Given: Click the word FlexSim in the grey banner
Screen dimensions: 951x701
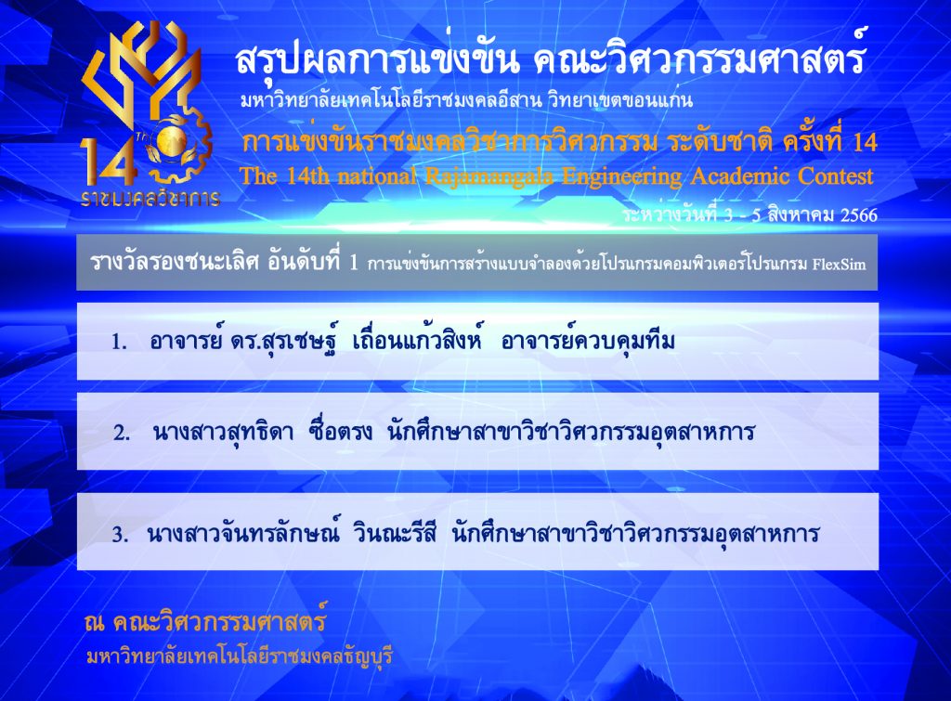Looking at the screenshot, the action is coord(840,264).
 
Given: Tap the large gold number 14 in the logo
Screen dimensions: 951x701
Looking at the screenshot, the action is coord(108,162).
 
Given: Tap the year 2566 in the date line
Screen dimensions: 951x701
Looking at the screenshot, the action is coord(859,215).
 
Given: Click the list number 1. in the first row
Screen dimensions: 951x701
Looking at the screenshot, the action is coord(119,343).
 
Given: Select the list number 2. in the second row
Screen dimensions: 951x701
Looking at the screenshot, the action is coord(122,434).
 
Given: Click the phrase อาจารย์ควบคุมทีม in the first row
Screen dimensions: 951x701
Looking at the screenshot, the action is coord(588,341).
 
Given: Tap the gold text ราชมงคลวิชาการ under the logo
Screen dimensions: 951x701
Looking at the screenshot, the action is coord(150,198).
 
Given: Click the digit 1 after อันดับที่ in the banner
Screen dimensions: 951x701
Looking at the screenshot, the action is coord(354,263).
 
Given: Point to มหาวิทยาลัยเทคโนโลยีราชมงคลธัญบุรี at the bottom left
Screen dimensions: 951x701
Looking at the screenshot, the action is coord(240,656).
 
